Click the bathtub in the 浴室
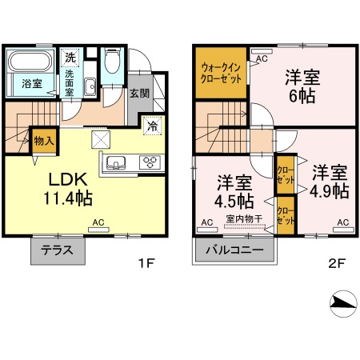coord(30,62)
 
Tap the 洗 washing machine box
coord(70,58)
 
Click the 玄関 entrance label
coord(138,93)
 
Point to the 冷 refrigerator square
coord(151,125)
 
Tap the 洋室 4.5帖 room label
coord(234,190)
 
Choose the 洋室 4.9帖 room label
coord(329,182)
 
